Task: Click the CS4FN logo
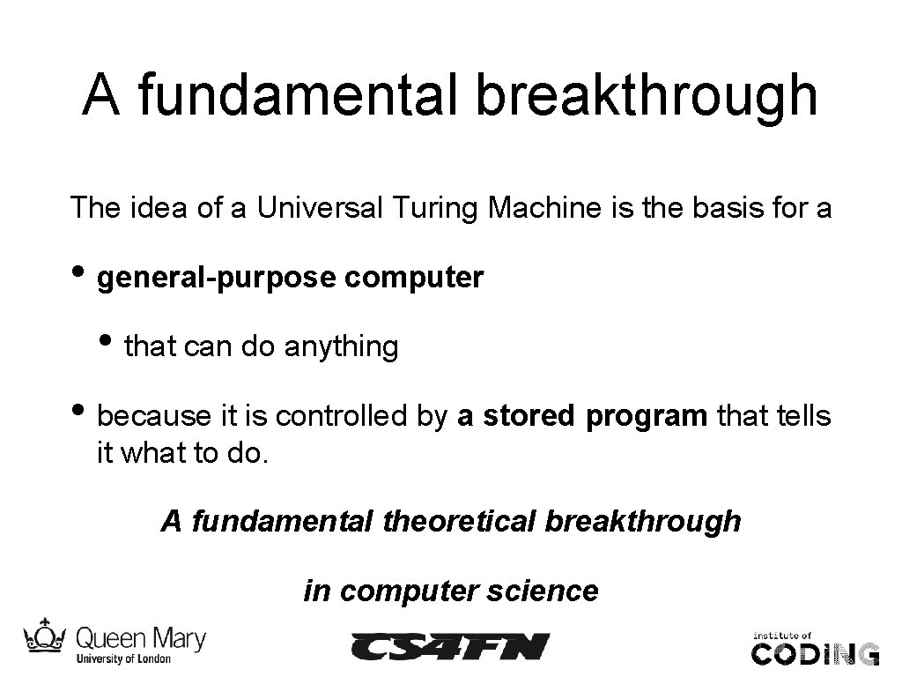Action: tap(450, 647)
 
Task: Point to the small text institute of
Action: tap(780, 634)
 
